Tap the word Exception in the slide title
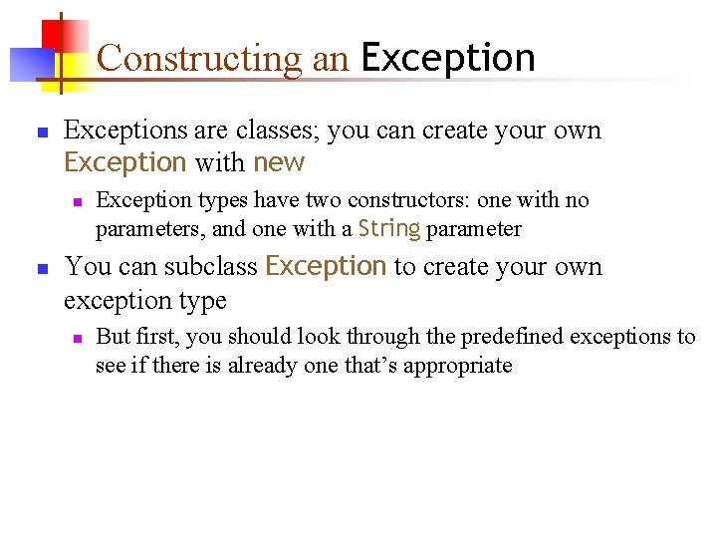tap(448, 58)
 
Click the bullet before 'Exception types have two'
tap(77, 201)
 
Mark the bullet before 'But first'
tap(77, 338)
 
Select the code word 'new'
tap(279, 162)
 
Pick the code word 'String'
tap(388, 228)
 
